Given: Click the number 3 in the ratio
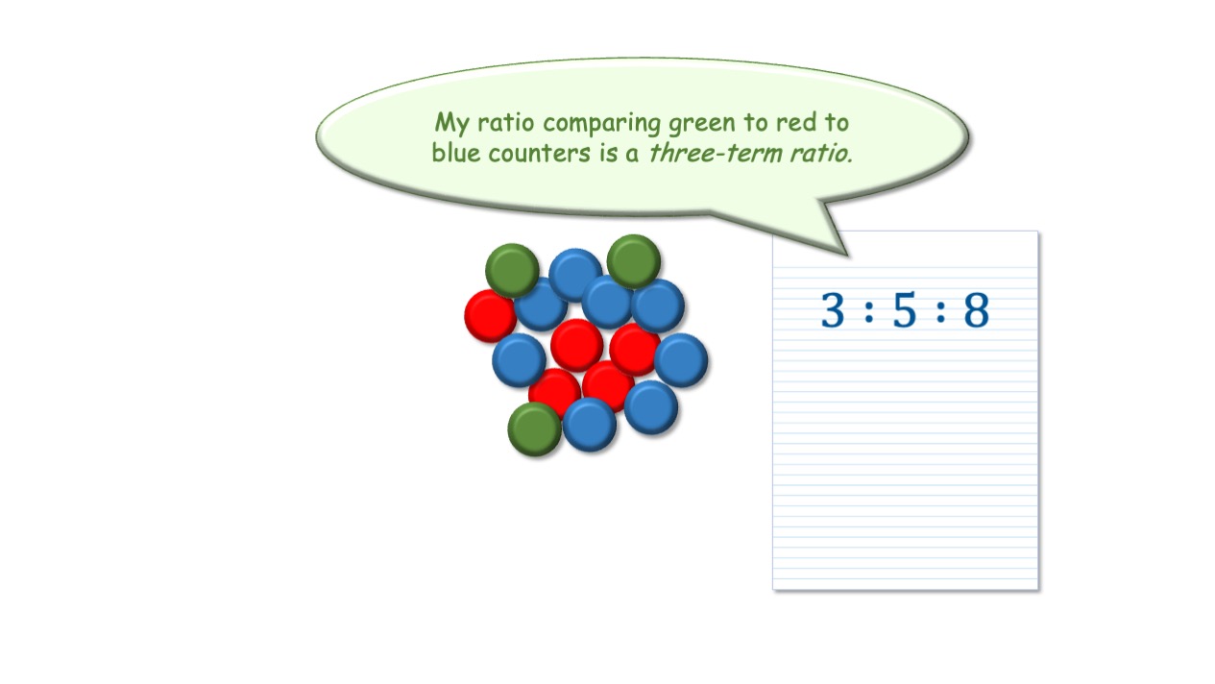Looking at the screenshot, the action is (833, 309).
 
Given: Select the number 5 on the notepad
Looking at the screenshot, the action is (905, 310).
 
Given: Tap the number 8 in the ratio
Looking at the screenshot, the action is (977, 309).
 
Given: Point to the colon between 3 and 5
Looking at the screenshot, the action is (869, 311).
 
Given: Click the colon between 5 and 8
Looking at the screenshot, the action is (940, 311).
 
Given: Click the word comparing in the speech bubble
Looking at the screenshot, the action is (601, 124).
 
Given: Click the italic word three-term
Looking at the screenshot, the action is (716, 153).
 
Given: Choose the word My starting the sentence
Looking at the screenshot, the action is (451, 124).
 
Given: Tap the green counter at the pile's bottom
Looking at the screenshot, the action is (534, 429).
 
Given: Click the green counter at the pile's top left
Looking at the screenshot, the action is (512, 270).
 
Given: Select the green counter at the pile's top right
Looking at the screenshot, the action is (634, 261).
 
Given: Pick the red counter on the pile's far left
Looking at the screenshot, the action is (490, 316).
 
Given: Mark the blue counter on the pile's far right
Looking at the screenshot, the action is (681, 360).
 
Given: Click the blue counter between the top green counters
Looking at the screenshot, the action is (575, 274).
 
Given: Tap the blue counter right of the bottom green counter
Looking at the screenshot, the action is (590, 425).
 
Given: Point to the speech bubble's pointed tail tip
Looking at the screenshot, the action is (847, 255).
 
